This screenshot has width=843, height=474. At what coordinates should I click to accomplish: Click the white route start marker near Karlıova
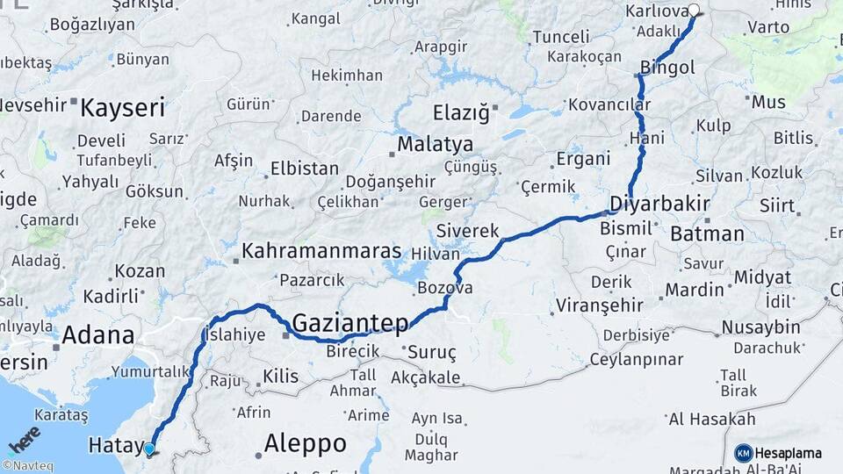point(694,11)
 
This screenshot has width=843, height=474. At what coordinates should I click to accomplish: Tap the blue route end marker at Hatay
point(149,449)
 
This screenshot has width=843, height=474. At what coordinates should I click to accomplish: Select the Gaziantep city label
point(349,323)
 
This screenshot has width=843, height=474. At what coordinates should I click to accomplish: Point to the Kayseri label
point(122,109)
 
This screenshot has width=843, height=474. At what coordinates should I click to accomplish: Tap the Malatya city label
point(435,144)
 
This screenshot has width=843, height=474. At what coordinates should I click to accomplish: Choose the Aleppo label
point(305,442)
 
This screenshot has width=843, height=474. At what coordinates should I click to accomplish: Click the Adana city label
point(97,334)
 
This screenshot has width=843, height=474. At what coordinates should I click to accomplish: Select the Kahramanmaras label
point(321,251)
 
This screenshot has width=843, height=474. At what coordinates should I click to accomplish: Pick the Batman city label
point(707,234)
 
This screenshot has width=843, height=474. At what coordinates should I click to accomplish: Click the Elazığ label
point(460,112)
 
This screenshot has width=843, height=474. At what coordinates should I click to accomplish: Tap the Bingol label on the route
point(667,68)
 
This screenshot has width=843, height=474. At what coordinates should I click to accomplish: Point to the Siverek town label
point(468,232)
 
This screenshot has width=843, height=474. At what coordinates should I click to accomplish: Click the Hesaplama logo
point(779,453)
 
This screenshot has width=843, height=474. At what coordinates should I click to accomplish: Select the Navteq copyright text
point(27,466)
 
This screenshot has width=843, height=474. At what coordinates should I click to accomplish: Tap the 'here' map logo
point(25,439)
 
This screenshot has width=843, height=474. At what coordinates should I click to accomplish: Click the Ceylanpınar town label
point(636,360)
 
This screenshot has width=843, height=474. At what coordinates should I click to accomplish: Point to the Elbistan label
point(304,168)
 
